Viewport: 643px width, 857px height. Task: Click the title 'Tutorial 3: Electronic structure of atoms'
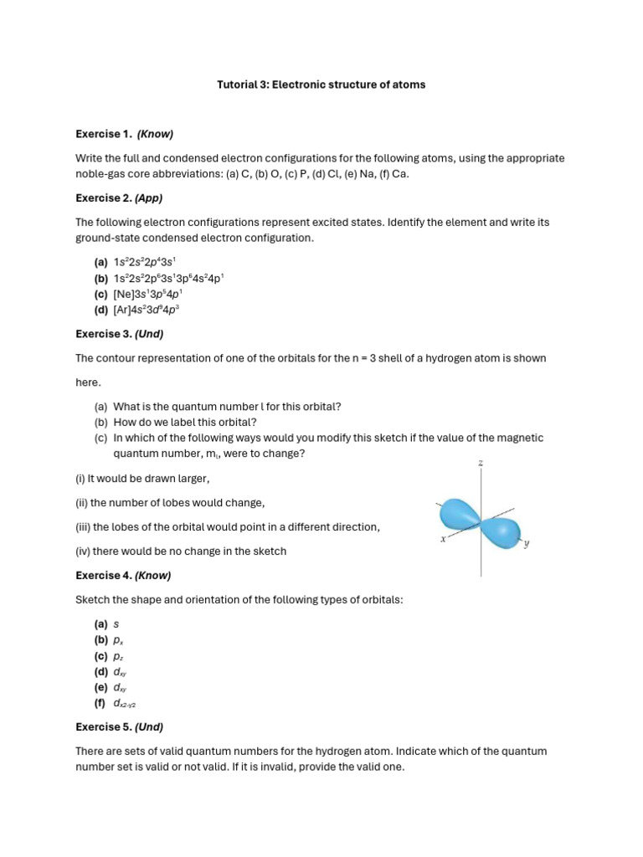[321, 85]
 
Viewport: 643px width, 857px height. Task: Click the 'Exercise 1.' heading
[104, 134]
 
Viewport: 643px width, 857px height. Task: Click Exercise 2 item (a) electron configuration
[144, 262]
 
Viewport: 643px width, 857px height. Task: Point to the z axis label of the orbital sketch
[481, 463]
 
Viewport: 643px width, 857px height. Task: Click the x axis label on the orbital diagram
[443, 539]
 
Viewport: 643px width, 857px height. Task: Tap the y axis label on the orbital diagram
[527, 543]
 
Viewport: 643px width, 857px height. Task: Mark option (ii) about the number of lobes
[170, 503]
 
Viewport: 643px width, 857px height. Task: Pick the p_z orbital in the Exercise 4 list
[118, 656]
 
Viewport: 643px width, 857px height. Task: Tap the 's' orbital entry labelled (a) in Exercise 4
[116, 624]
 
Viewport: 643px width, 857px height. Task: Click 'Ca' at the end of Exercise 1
[400, 174]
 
